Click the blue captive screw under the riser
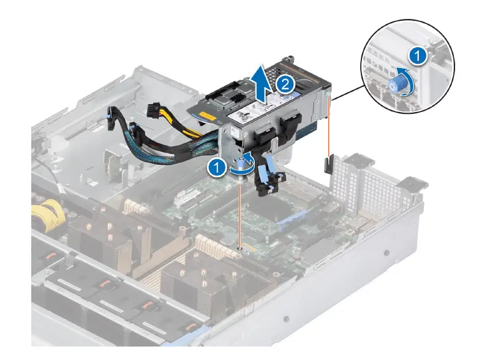tap(246, 163)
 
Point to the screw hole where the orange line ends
tap(241, 249)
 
